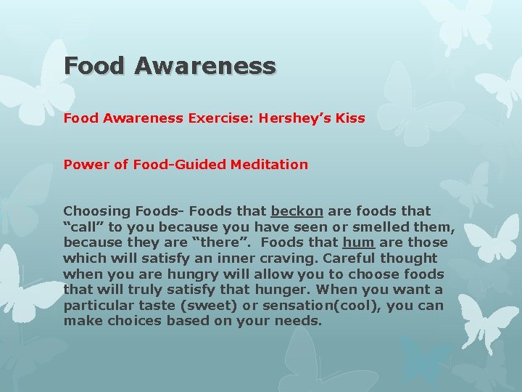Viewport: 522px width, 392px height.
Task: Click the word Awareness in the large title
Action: [x=204, y=67]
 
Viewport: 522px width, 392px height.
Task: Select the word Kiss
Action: [x=349, y=118]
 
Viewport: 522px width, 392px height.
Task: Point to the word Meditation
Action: [x=269, y=164]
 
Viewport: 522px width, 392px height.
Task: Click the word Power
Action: [x=84, y=164]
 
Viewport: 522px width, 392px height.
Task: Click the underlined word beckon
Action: [x=297, y=211]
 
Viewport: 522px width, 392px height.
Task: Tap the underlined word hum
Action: [x=359, y=242]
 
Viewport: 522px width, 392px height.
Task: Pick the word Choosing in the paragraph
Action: [x=92, y=211]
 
